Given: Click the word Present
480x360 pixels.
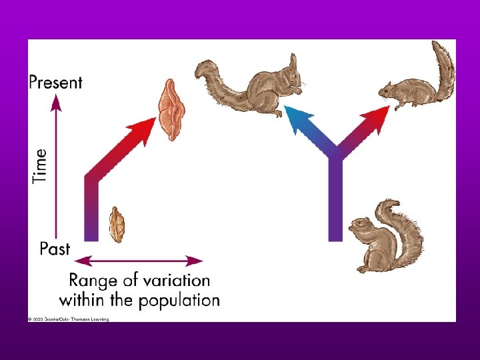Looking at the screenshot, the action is pos(55,83).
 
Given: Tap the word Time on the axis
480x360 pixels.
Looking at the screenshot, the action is pos(41,165).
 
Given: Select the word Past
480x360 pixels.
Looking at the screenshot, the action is pos(55,249).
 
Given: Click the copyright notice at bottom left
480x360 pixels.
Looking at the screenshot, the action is pos(68,319).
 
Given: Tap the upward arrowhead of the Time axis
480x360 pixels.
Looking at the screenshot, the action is pos(56,102).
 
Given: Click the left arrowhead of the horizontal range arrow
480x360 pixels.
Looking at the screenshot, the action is pos(81,260).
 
